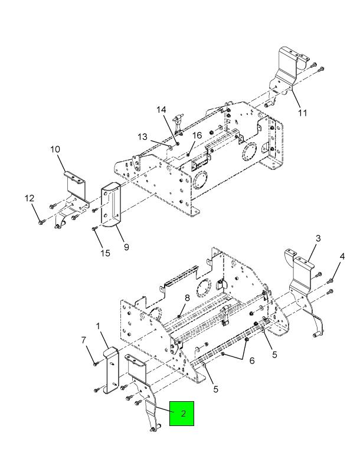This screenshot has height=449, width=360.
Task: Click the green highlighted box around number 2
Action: (182, 413)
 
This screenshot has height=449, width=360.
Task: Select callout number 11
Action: (302, 113)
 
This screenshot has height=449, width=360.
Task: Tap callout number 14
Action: (161, 110)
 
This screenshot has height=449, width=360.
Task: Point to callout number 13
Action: (142, 137)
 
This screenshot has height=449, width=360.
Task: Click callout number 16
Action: (197, 135)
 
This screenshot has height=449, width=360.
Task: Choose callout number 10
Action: (55, 149)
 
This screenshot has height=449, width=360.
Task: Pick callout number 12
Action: (30, 198)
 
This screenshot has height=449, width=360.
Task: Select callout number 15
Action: (105, 253)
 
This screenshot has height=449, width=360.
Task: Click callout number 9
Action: (126, 247)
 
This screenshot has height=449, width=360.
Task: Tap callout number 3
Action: (318, 238)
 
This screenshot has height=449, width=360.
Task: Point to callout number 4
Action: (342, 256)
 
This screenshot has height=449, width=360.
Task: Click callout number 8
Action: (187, 298)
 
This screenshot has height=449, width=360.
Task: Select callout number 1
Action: (98, 326)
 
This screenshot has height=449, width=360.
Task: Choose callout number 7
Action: (83, 340)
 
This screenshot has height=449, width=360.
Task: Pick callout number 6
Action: (252, 360)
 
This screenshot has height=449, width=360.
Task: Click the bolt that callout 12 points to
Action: (40, 222)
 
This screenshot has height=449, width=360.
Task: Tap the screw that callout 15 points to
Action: (94, 228)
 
